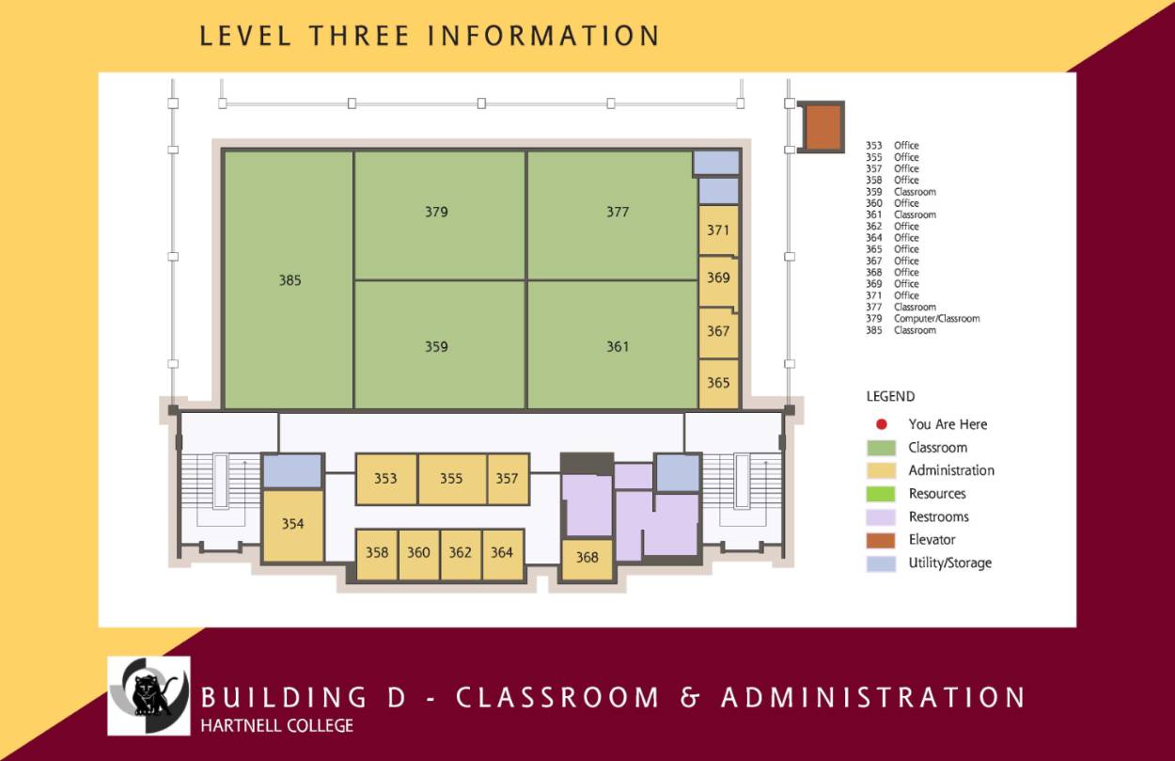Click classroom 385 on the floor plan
(x=289, y=279)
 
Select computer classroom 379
(x=436, y=213)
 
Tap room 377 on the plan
(x=617, y=213)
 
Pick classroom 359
(x=436, y=346)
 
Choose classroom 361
(x=617, y=346)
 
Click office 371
(x=718, y=230)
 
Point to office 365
(x=718, y=383)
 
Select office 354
(x=292, y=524)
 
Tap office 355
(x=451, y=478)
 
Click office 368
(x=587, y=557)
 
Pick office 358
(x=376, y=552)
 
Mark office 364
(x=502, y=552)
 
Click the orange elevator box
(x=823, y=126)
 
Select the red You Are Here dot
(x=881, y=424)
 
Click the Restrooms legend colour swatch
(x=881, y=516)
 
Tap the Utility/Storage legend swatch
(x=881, y=563)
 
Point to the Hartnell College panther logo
(x=149, y=696)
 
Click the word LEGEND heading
(x=890, y=397)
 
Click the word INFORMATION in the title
(x=543, y=36)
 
